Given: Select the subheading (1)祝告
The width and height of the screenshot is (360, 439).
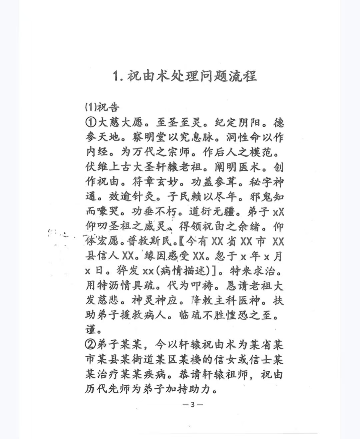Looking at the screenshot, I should tap(102, 107).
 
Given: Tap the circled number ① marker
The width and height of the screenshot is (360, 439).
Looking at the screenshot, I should tap(91, 123).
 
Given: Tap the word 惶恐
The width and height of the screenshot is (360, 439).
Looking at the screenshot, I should tap(237, 315).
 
